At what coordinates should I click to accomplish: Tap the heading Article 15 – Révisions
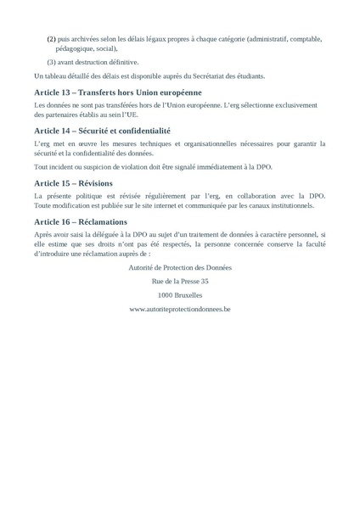(x=79, y=182)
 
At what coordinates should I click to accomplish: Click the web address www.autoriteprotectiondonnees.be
(x=179, y=310)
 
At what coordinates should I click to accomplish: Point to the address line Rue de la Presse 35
(x=179, y=281)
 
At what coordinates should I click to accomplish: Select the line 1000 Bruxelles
(x=179, y=295)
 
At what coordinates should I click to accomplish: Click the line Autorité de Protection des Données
(x=179, y=266)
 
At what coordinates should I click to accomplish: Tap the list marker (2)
(x=51, y=39)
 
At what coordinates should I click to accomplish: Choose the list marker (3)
(x=51, y=62)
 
